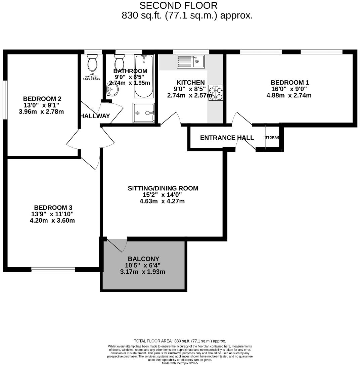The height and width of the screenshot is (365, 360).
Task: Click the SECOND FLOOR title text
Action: [x=178, y=6]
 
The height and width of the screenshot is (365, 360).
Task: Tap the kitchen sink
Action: [x=191, y=61]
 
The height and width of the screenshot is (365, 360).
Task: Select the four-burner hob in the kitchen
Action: [x=216, y=93]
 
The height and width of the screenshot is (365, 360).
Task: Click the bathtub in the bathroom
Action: [x=144, y=76]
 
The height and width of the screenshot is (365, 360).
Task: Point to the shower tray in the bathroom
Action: [x=144, y=113]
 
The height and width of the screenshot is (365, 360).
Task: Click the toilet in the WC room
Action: [x=92, y=62]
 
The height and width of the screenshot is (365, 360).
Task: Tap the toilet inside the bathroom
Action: [x=119, y=62]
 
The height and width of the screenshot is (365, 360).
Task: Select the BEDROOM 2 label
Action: [x=42, y=99]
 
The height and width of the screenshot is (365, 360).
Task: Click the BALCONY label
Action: [x=143, y=259]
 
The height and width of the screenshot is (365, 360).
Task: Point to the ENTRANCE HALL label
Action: [x=227, y=138]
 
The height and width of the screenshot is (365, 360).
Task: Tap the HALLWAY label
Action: [x=95, y=116]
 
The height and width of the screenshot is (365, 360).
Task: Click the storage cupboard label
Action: [x=272, y=138]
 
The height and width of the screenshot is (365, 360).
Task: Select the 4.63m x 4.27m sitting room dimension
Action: [x=162, y=201]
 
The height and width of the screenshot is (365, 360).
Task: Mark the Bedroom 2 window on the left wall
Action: [x=5, y=99]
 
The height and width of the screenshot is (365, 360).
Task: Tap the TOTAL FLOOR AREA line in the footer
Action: [x=180, y=340]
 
